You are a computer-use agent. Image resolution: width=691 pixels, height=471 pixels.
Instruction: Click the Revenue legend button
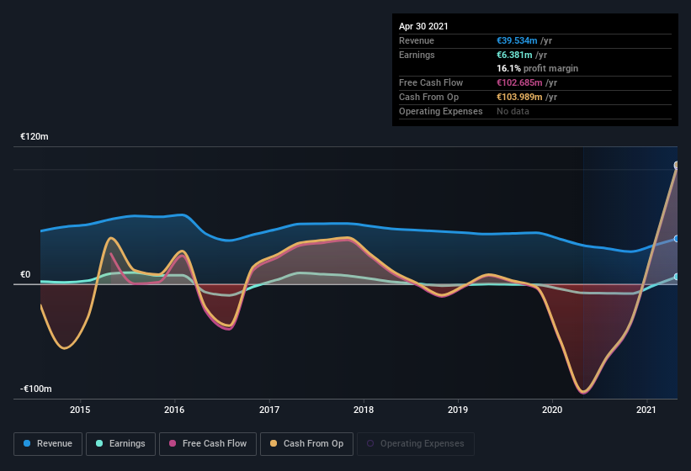coord(49,443)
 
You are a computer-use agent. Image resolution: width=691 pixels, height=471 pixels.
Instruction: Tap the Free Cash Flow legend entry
coord(208,443)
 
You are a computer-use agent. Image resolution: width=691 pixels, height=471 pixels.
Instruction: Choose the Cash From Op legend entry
coord(306,443)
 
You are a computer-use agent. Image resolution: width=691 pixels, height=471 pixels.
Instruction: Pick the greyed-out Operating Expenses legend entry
coord(415,443)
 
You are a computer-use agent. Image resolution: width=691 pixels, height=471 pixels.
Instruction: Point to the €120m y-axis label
coord(35,136)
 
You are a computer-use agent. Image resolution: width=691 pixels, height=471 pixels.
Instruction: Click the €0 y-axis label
coord(25,275)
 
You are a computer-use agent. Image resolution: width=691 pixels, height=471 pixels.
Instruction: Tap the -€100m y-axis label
coord(36,389)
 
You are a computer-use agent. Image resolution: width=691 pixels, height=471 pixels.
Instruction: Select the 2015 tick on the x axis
coord(80,410)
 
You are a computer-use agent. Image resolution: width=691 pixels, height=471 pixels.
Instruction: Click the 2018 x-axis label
coord(364,410)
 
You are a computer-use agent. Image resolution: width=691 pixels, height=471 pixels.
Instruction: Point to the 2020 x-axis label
coord(552,410)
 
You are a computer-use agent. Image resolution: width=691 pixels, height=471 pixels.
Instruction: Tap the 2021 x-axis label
coord(646,410)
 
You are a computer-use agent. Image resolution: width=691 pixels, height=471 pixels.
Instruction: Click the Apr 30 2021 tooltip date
coord(423,26)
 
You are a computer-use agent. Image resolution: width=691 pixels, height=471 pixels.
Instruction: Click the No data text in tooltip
coord(513,111)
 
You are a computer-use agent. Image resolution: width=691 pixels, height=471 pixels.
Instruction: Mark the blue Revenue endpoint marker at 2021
coord(677,239)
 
